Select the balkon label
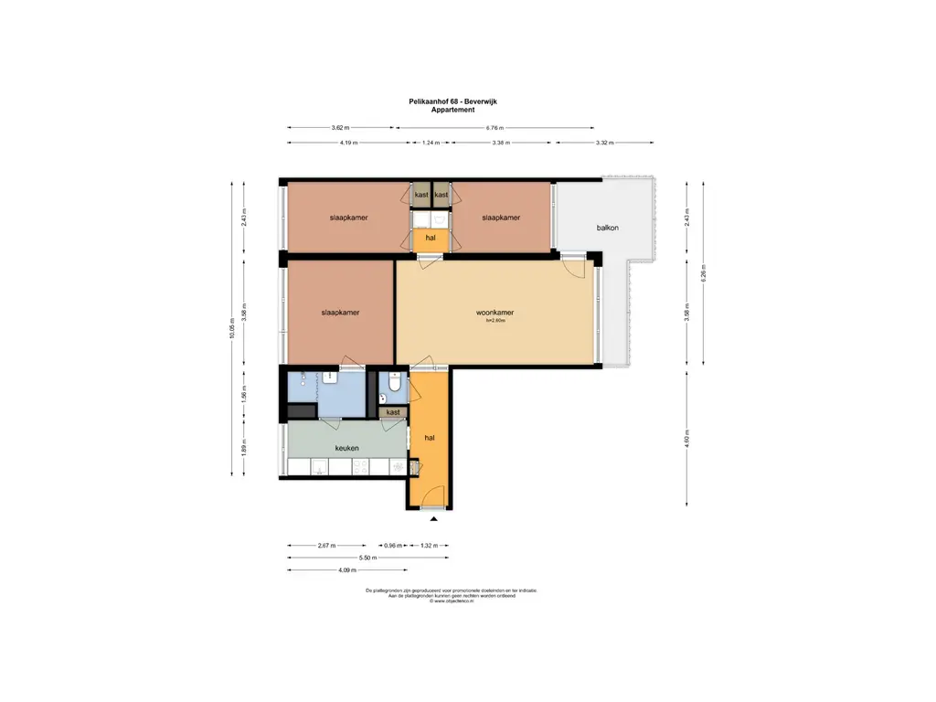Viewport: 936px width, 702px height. point(608,228)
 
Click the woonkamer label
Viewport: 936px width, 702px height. point(495,313)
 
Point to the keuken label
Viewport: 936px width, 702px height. point(346,448)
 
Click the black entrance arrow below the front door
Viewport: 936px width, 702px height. point(434,519)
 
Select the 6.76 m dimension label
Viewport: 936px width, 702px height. point(497,129)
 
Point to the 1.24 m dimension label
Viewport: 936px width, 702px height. point(431,143)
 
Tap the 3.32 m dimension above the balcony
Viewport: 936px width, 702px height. point(603,143)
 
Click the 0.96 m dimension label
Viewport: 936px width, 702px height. point(393,545)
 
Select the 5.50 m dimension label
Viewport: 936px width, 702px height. point(367,558)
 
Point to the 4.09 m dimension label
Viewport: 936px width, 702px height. point(347,570)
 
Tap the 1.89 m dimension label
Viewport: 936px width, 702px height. point(244,449)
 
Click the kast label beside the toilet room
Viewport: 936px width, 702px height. point(393,412)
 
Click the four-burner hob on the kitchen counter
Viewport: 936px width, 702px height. point(361,467)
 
